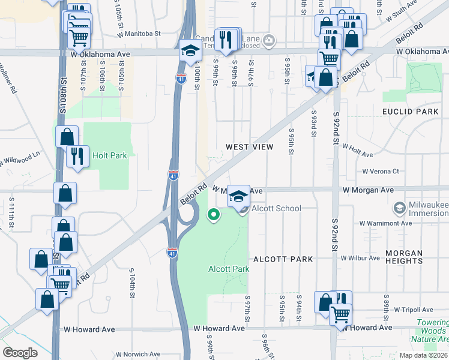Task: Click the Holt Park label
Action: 109,155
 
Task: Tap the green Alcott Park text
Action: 229,269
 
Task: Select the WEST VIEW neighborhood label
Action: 249,147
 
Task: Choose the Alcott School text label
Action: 276,208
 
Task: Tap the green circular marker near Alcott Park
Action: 213,215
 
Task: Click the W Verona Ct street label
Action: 381,171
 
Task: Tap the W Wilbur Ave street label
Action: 360,258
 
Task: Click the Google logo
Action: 20,353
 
